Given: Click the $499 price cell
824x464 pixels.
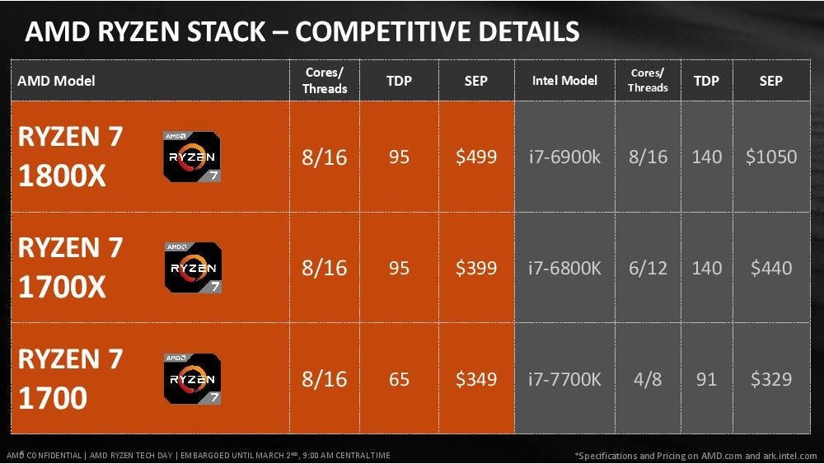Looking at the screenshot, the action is click(x=476, y=157).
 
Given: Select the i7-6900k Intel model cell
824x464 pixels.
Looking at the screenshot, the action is click(x=564, y=157).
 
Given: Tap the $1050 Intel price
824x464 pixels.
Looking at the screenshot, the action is click(x=771, y=157).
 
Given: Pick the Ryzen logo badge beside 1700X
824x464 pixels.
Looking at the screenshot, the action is click(x=193, y=268).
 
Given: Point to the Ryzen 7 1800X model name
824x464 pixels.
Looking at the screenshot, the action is click(x=70, y=156).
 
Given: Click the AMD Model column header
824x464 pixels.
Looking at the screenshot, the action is click(x=56, y=81).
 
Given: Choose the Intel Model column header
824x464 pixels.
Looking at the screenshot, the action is click(x=564, y=81).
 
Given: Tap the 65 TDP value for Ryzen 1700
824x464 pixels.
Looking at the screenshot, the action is click(x=399, y=379).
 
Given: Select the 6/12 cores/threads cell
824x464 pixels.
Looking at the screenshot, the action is click(x=648, y=268).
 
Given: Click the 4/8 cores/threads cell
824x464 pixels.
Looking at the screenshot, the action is click(x=648, y=379).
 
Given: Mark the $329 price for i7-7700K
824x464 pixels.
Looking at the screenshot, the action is click(x=771, y=379).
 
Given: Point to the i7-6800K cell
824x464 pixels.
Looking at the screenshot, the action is click(x=564, y=268).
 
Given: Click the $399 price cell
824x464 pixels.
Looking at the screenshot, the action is click(x=476, y=268).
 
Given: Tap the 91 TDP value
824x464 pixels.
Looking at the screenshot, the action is click(x=706, y=379).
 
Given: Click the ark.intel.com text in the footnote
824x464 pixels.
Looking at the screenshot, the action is click(x=787, y=456).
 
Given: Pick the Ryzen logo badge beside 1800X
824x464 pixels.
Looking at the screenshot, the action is click(x=192, y=157).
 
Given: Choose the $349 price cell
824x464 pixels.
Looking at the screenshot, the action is click(x=476, y=379).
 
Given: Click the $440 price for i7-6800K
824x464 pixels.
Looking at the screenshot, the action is click(x=771, y=268).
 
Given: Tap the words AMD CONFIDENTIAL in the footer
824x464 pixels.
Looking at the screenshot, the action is click(x=44, y=455).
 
